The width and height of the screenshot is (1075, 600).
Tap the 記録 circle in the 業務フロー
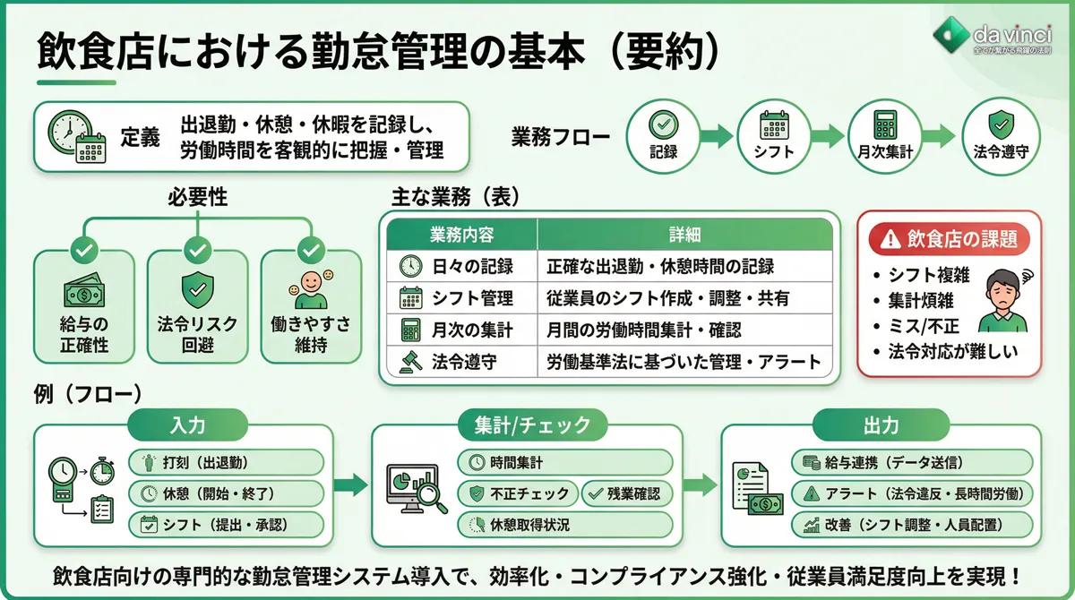663,135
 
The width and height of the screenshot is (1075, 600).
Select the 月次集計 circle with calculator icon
884,135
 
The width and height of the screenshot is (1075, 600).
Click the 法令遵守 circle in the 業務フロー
999,135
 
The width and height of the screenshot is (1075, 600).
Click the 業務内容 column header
462,235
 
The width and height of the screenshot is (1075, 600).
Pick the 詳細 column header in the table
684,235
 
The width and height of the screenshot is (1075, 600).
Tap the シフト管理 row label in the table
472,298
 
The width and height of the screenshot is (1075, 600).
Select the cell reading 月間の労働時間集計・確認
644,330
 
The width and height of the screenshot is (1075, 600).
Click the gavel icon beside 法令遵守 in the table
410,362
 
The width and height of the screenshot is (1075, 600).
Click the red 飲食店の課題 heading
950,238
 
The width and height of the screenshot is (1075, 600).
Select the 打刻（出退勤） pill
226,463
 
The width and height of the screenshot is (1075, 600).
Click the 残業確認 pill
627,493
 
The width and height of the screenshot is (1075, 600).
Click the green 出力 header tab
881,424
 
